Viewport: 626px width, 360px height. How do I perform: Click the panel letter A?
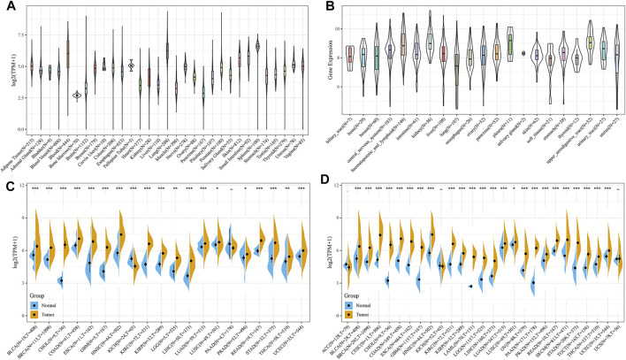pos(6,7)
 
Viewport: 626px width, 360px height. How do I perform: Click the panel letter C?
pos(6,185)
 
